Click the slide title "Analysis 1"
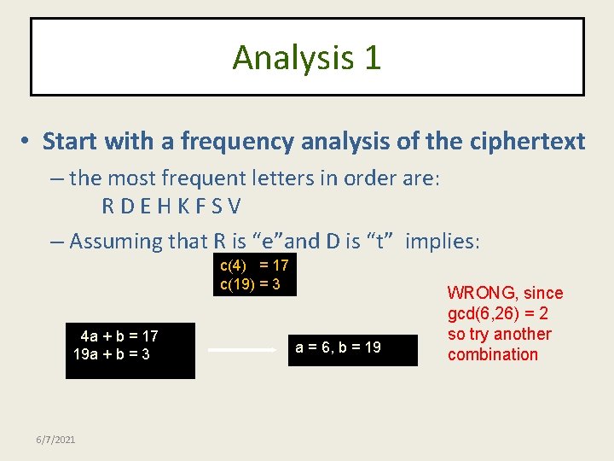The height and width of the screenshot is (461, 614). [307, 58]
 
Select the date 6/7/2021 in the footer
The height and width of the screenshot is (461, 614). [55, 439]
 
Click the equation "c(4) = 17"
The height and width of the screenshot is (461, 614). [254, 266]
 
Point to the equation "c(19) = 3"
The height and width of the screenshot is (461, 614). [250, 284]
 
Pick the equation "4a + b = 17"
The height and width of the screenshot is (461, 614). [119, 336]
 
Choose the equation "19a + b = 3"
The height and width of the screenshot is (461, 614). [112, 353]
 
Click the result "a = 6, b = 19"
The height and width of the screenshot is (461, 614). [338, 347]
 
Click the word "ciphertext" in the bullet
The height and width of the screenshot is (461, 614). [527, 141]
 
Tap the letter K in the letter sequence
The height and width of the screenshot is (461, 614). [185, 207]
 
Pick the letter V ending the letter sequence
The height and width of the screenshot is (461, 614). [235, 207]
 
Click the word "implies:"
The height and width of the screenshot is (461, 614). [443, 242]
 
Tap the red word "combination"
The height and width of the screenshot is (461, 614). [493, 354]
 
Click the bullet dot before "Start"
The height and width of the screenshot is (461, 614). [27, 142]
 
